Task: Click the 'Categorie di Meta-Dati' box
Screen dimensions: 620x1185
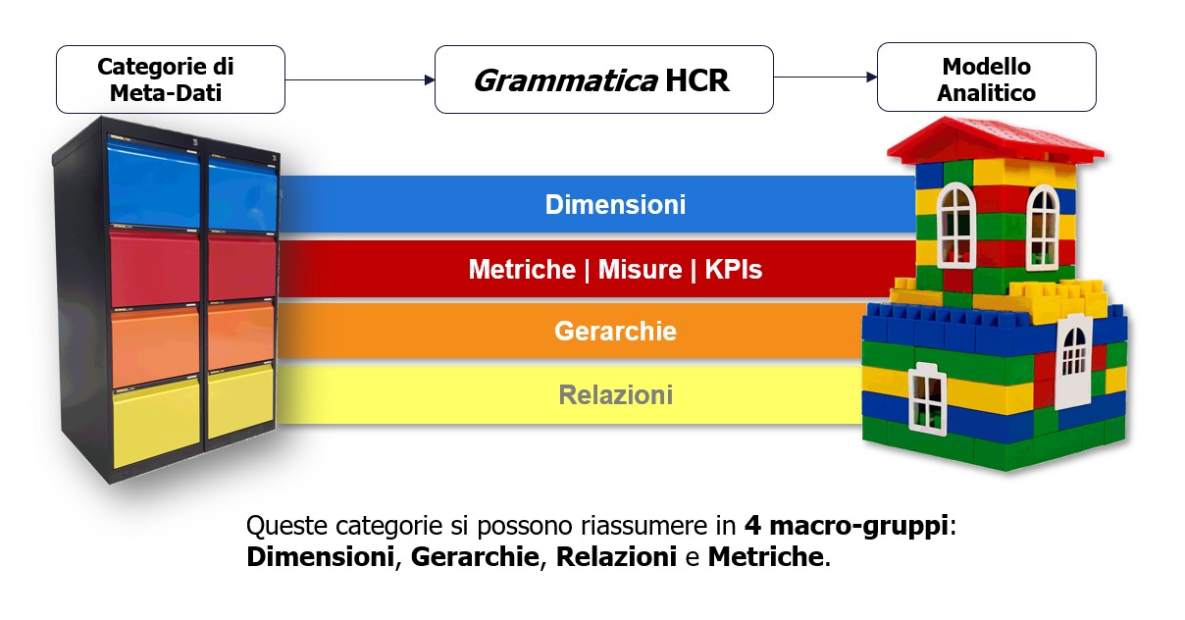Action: click(x=171, y=79)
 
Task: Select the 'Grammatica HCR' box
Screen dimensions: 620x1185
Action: click(x=603, y=78)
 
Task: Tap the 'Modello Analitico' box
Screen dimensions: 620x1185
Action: click(x=986, y=79)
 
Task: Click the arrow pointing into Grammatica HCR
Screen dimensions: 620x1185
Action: click(x=430, y=79)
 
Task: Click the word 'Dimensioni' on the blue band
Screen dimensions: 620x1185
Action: click(x=615, y=205)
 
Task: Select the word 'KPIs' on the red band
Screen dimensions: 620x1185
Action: click(x=733, y=269)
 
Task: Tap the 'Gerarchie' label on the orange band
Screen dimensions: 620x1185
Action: click(x=615, y=331)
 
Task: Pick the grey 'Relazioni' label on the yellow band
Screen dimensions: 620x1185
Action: click(x=615, y=394)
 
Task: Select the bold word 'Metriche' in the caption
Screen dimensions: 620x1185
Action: click(x=764, y=557)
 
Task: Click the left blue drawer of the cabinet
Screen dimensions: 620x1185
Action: click(x=153, y=184)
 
